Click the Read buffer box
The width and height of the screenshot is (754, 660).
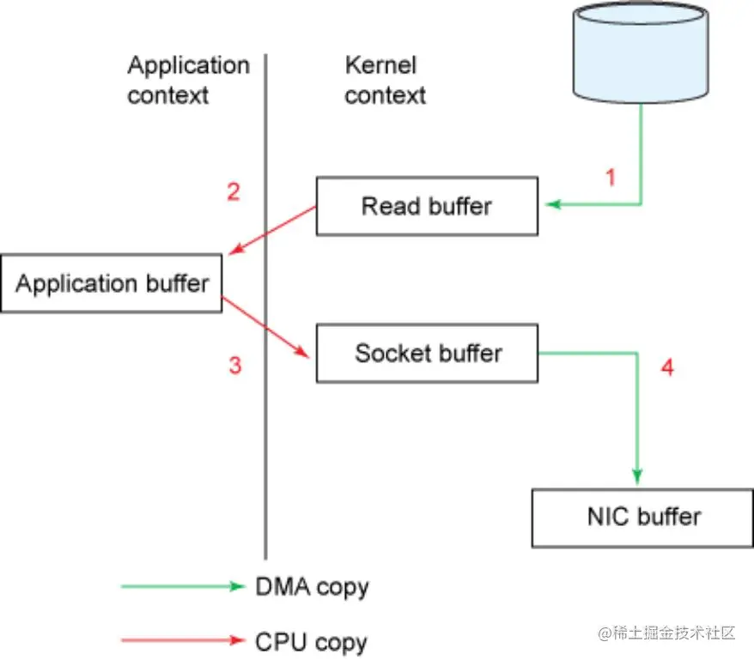(x=427, y=206)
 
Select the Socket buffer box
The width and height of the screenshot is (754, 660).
(x=427, y=354)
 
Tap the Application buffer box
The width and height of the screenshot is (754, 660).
(x=111, y=283)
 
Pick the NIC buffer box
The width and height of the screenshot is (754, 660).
(x=642, y=518)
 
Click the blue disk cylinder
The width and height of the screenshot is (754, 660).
(x=641, y=52)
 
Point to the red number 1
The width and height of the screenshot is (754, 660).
(x=611, y=178)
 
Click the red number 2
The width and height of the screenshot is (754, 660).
(x=234, y=191)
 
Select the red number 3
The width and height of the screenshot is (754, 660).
(x=234, y=365)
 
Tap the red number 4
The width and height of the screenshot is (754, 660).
(x=667, y=367)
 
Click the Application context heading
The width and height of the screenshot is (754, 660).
(x=189, y=80)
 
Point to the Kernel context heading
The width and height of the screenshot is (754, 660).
(x=386, y=80)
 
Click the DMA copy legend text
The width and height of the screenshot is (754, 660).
(x=312, y=587)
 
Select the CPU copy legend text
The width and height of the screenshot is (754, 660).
(x=311, y=643)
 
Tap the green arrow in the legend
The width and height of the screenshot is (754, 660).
(x=183, y=586)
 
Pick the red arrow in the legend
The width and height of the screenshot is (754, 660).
(x=183, y=639)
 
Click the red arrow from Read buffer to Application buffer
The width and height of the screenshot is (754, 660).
(x=272, y=230)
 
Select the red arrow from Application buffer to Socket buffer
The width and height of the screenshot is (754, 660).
(x=265, y=327)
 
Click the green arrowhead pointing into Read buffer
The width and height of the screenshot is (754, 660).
(x=554, y=204)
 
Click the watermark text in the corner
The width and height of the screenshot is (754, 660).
(x=666, y=633)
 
